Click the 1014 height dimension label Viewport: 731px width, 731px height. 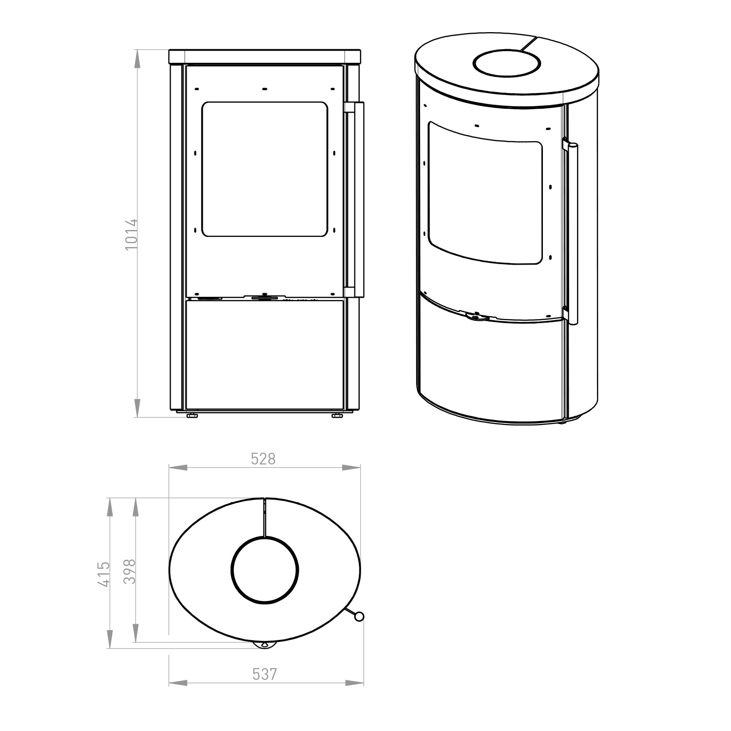pos(132,234)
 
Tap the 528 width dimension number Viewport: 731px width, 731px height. pos(263,459)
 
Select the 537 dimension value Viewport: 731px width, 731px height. pos(265,674)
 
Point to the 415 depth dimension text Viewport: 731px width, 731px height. pos(104,574)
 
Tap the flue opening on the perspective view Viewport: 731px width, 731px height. pos(507,63)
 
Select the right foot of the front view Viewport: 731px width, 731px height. pos(336,416)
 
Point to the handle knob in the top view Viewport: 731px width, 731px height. pos(359,617)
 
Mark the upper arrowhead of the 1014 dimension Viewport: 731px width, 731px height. pos(137,58)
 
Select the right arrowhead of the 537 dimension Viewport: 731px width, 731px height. pos(354,683)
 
